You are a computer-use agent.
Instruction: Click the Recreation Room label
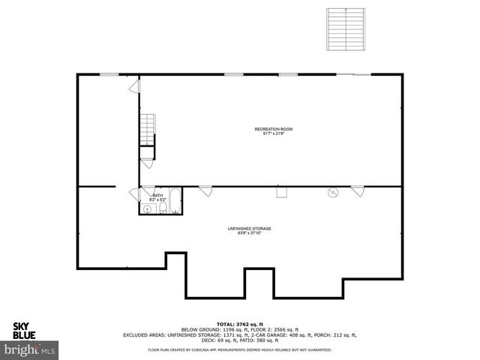[273, 129]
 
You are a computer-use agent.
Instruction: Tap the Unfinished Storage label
[249, 228]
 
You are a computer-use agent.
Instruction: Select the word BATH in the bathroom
[157, 196]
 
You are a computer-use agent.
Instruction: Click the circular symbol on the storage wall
[332, 193]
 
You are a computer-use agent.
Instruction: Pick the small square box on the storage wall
[282, 193]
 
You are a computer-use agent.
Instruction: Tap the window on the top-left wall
[109, 73]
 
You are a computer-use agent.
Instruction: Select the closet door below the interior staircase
[146, 159]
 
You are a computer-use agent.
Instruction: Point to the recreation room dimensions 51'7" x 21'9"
[273, 134]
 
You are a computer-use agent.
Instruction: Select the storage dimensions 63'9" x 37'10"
[249, 233]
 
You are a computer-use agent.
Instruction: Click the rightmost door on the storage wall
[357, 190]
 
